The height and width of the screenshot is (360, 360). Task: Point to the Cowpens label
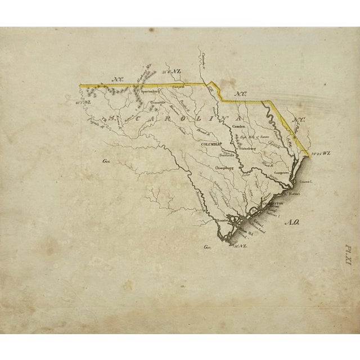pyautogui.click(x=178, y=87)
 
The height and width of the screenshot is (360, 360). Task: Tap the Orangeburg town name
pyautogui.click(x=226, y=168)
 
